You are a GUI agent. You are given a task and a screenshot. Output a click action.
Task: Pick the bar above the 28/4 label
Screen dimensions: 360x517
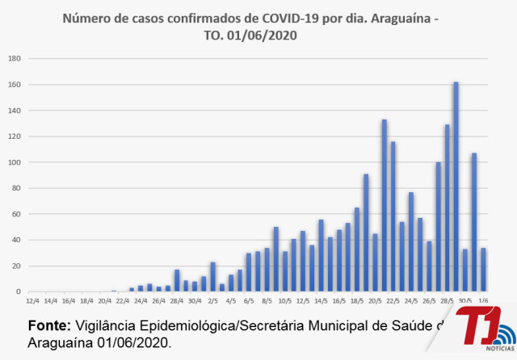[x=177, y=281]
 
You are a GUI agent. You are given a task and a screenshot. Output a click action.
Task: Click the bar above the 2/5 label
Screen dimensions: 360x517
[x=212, y=277]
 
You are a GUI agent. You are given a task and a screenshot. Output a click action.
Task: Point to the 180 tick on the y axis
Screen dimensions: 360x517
[x=15, y=59]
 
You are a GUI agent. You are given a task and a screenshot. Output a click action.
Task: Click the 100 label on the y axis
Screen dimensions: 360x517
[x=15, y=162]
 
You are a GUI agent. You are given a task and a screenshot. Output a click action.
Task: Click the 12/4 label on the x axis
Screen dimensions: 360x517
[x=33, y=300]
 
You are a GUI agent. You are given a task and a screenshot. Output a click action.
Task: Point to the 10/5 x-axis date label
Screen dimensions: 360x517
[x=284, y=300]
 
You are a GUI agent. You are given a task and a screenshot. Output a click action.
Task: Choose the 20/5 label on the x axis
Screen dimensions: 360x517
[x=375, y=300]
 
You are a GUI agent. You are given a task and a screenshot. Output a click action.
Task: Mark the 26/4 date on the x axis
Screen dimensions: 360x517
[x=159, y=300]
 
